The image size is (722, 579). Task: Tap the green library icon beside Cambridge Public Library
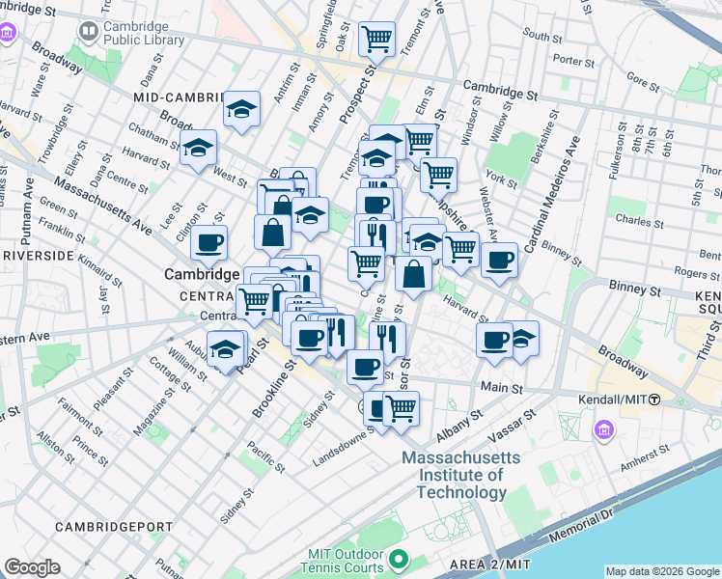click(89, 33)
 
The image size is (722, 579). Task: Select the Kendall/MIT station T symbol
click(654, 400)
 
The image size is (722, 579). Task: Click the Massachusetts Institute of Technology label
click(460, 475)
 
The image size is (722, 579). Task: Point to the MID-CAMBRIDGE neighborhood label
click(180, 97)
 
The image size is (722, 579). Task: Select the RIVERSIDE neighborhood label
click(39, 256)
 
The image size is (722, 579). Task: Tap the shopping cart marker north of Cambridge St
click(375, 40)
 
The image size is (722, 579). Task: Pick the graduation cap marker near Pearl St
click(226, 348)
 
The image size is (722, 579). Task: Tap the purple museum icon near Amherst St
click(604, 428)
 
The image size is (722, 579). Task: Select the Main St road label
click(502, 388)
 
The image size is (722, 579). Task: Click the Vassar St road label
click(516, 421)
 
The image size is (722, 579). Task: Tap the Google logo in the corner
click(33, 567)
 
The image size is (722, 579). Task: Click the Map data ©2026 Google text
click(661, 571)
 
